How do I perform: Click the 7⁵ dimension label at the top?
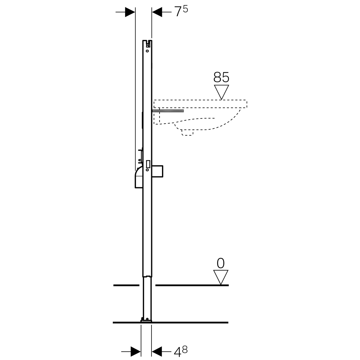coord(181,11)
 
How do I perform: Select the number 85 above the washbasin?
coord(221,77)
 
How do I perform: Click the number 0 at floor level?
coord(220,263)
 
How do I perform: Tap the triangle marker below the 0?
coord(220,277)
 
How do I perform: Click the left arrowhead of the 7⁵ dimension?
coord(130,12)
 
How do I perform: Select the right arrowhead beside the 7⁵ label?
coord(157,12)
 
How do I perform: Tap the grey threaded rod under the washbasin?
coord(168,111)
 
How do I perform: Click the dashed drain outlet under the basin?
coord(187,133)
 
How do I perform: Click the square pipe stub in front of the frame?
coord(157,171)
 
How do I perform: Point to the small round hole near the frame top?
coord(147,51)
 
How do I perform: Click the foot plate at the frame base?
coord(146,321)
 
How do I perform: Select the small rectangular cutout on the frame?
coord(148,164)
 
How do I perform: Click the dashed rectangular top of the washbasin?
coord(200,104)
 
